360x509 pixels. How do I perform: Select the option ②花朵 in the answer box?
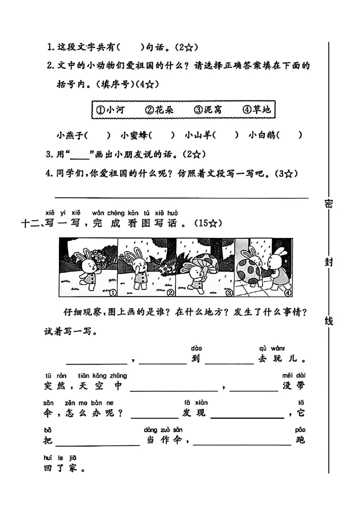coord(159,110)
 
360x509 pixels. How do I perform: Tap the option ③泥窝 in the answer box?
coord(208,110)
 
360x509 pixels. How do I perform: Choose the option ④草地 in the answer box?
coord(256,110)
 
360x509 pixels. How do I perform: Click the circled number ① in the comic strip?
coord(112,293)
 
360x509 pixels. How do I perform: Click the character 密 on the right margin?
coord(328,203)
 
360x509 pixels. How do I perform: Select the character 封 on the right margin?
coord(328,262)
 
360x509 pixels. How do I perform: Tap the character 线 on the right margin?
coord(328,321)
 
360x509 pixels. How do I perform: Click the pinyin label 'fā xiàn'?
coord(196,402)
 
